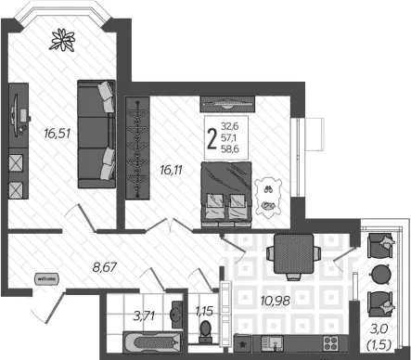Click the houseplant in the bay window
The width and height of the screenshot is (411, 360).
(62, 40)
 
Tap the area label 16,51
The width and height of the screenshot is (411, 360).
(58, 134)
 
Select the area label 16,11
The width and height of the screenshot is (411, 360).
(171, 170)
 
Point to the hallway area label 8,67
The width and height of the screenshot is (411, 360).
(105, 267)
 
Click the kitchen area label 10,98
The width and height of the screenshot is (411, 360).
(276, 301)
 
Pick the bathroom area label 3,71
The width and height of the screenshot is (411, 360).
(144, 315)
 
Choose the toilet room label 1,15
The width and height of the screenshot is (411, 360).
(204, 312)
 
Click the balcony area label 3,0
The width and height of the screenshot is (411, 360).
(379, 328)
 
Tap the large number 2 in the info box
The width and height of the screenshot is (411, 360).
(212, 139)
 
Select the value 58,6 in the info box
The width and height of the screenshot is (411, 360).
(230, 149)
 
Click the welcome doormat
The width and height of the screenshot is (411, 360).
(46, 278)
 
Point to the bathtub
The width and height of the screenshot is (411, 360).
(153, 342)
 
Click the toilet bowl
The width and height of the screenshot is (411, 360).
(205, 329)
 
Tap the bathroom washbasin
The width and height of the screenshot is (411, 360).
(177, 315)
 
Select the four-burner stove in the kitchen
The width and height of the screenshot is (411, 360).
(330, 343)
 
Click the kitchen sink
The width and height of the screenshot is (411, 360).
(272, 343)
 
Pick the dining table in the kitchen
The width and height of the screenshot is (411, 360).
(294, 253)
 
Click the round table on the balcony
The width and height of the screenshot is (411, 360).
(380, 275)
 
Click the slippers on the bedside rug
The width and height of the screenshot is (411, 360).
(267, 188)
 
